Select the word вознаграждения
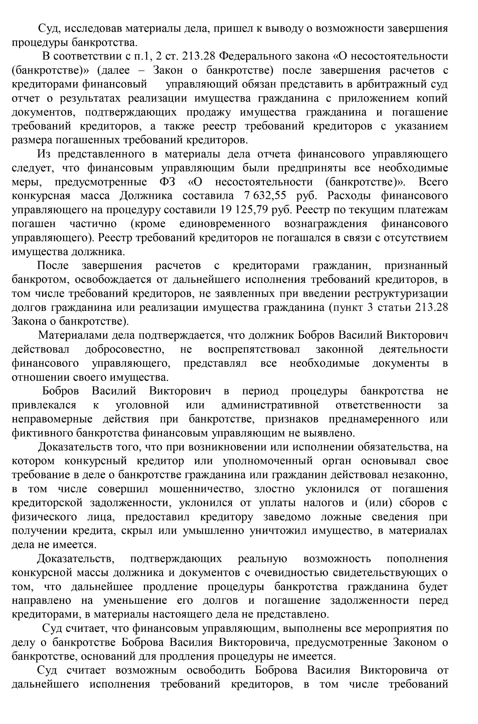325,224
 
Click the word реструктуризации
401,294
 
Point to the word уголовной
142,405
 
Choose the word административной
270,405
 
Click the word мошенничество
200,489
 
